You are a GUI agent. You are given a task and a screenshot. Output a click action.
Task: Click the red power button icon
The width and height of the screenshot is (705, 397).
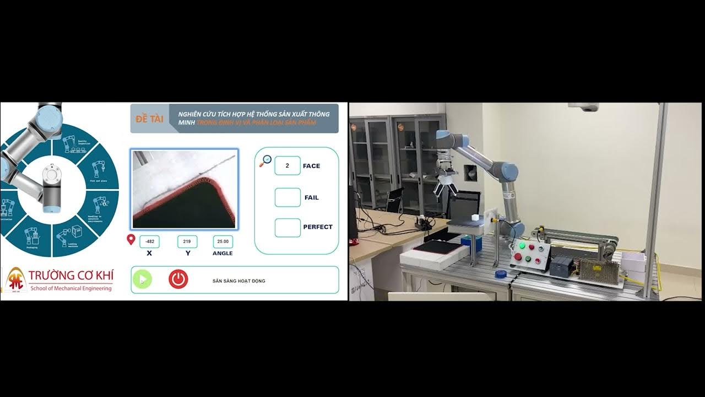coord(178,280)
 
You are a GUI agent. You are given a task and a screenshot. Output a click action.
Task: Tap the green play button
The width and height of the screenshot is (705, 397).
coord(142,280)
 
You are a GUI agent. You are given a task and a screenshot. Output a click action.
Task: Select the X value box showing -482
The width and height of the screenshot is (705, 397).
coord(149,242)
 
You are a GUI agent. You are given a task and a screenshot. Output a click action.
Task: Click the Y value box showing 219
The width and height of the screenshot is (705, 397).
coord(187,242)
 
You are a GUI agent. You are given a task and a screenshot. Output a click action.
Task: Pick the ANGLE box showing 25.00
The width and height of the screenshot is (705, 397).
coord(223,242)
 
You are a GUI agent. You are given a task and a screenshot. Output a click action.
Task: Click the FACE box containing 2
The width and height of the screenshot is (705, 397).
coord(287,165)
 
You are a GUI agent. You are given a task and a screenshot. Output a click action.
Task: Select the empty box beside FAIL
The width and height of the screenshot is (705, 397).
coord(288,197)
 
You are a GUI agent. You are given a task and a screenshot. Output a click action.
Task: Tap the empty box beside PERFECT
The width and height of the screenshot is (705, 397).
coord(288,227)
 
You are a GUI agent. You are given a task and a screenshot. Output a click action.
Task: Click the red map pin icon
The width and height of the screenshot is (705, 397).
coord(131,239)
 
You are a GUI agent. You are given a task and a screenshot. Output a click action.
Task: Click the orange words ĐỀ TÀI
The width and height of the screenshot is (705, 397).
coord(149,119)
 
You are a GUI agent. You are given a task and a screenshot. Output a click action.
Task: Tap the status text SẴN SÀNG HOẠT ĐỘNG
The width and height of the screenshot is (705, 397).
coord(238,281)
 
